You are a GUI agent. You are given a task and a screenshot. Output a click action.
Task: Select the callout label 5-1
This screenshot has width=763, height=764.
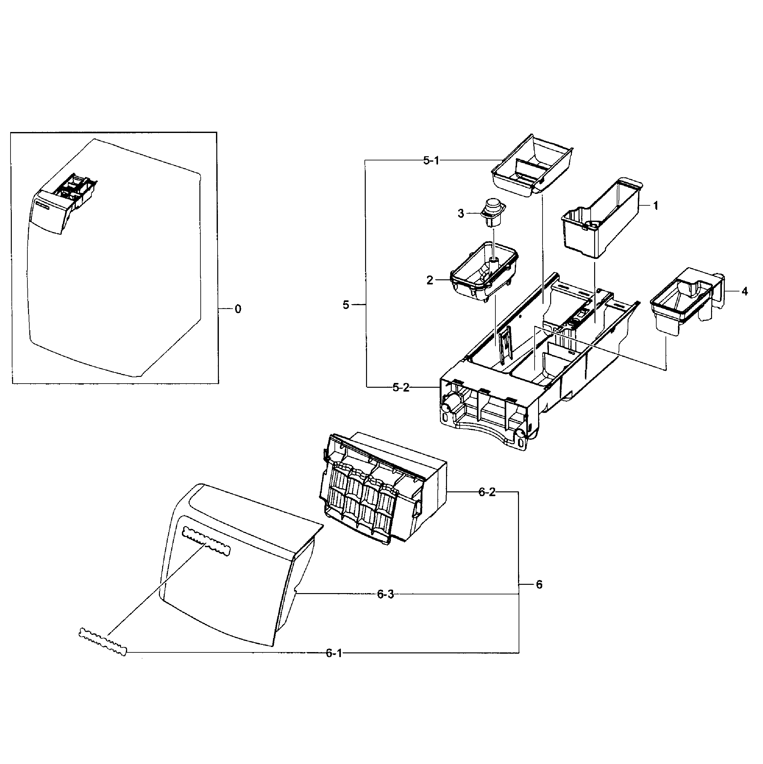(x=431, y=161)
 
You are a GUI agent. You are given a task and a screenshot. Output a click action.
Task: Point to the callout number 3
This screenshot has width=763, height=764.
(x=461, y=214)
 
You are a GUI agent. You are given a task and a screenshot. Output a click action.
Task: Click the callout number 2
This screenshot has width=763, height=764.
(x=430, y=280)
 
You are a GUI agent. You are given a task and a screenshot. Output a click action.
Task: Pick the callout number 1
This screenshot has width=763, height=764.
(x=656, y=206)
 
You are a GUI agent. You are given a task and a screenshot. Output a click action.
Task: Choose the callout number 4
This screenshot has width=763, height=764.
(x=745, y=291)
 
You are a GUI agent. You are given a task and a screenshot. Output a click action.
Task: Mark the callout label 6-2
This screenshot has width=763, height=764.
(x=486, y=492)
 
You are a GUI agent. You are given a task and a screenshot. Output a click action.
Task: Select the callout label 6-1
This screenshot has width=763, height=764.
(x=334, y=653)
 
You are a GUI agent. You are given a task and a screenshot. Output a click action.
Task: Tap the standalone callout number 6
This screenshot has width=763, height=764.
(x=539, y=584)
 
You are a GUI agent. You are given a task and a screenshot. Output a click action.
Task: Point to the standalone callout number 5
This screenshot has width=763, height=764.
(x=346, y=305)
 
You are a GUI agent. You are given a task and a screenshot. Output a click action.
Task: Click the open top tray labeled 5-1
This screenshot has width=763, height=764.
(x=531, y=166)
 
